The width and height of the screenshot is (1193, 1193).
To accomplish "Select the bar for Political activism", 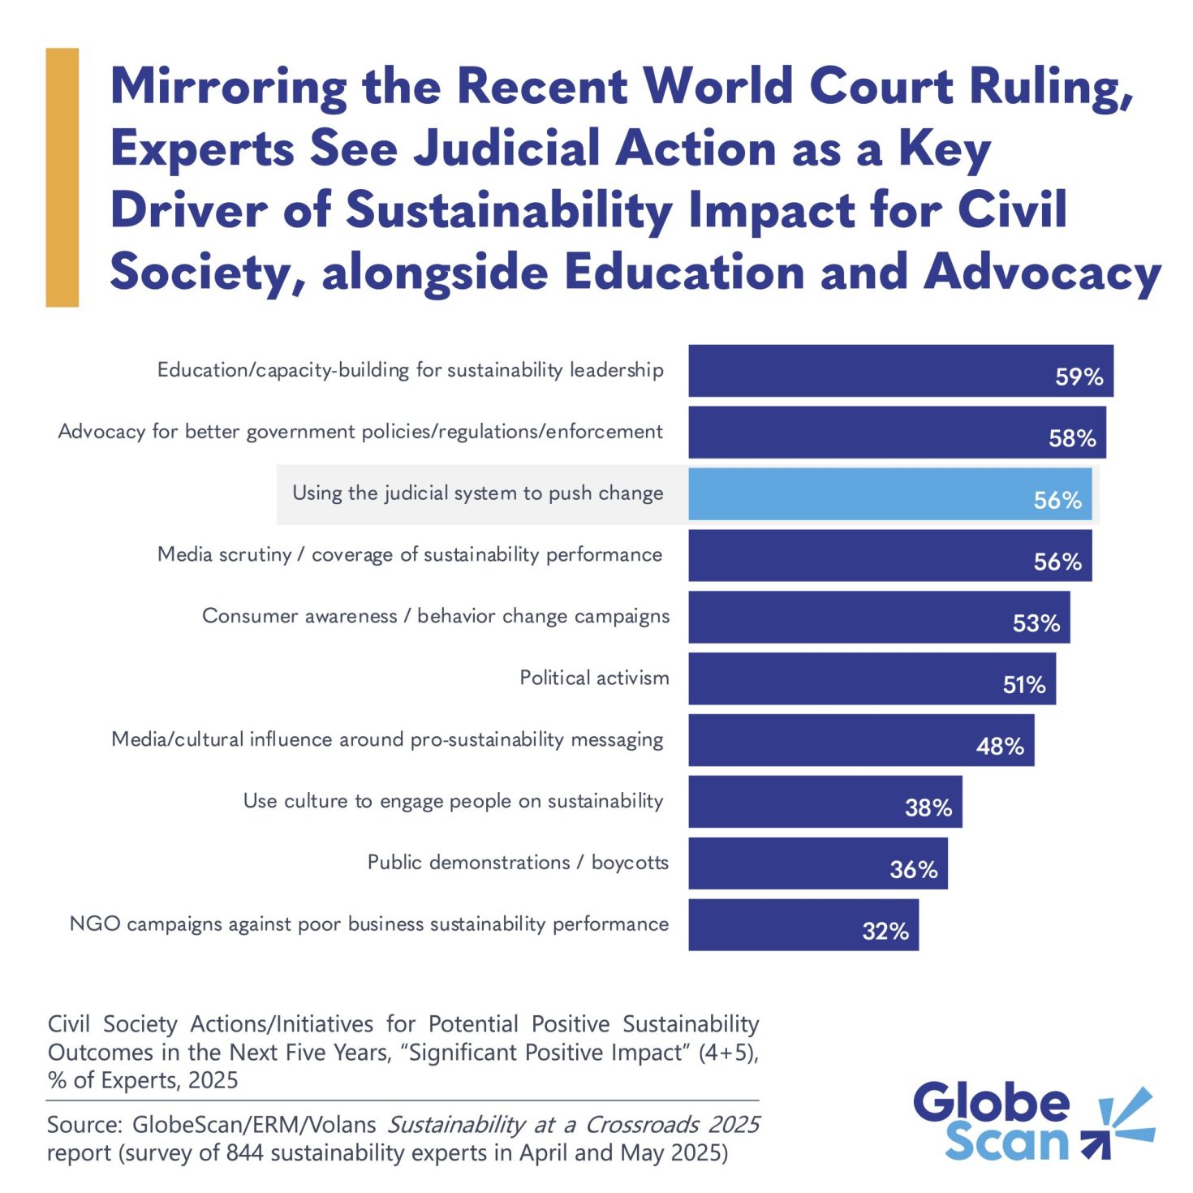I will pos(872,678).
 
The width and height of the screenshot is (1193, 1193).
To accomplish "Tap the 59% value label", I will pos(1079,377).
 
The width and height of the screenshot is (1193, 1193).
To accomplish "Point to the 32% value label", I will pos(885,931).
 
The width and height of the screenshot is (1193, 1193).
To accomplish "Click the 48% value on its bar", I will pos(1000,747).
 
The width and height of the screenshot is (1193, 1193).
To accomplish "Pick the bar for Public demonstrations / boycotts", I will pos(817,863).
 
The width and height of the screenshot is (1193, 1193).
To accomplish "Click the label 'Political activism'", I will pos(594,678).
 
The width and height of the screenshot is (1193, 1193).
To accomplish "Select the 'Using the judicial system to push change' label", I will pos(477,493).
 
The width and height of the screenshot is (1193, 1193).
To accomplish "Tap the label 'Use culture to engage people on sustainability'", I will pos(453,801).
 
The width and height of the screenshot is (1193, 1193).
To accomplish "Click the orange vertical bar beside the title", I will pos(62,177).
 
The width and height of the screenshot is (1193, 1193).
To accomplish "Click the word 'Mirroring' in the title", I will pos(228,86).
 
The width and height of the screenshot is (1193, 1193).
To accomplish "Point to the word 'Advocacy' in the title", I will pos(1042,272).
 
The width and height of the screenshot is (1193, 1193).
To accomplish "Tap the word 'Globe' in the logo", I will pos(991,1103).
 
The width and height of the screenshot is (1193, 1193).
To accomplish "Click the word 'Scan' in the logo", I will pos(1006,1142).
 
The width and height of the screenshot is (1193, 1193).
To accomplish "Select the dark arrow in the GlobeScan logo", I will pos(1096,1145).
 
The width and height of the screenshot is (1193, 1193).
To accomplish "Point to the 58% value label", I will pos(1072,438).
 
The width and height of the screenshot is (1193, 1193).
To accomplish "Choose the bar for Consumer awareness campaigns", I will pos(879,617).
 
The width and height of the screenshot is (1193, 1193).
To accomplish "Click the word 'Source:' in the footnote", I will pos(84,1125).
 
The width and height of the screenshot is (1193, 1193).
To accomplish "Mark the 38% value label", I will pos(928,808).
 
